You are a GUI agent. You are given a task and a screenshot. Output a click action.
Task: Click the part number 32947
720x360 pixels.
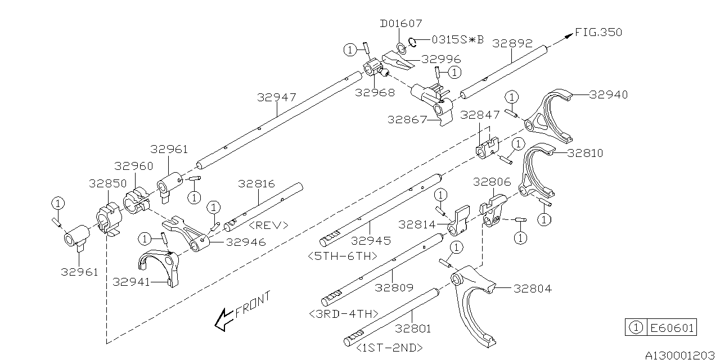coord(276,97)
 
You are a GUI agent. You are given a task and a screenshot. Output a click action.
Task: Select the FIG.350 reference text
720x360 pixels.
coord(598,33)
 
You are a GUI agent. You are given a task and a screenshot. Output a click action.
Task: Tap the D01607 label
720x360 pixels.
coord(400,24)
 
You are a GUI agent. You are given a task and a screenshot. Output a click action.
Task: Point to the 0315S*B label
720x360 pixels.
coord(457,39)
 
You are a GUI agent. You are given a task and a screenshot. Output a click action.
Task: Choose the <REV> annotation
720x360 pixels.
coord(268,225)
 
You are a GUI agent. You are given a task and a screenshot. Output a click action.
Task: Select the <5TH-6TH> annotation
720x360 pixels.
coord(343,256)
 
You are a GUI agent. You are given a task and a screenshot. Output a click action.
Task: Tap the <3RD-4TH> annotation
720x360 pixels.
coord(344,313)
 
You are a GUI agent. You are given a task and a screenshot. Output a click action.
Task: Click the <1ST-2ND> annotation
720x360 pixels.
coord(389,348)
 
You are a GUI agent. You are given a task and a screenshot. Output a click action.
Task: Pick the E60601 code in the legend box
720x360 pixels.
coord(672,328)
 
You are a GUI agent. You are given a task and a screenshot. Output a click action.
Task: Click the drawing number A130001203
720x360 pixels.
coord(680,355)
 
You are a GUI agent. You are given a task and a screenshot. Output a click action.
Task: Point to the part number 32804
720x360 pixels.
coord(532,289)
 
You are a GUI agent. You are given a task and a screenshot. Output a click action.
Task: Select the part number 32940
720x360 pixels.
coord(609,94)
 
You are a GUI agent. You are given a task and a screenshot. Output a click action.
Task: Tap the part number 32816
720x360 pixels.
coord(256,183)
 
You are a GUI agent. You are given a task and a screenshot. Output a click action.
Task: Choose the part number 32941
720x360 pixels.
coord(131,282)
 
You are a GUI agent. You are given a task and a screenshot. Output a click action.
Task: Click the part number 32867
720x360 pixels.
coord(406,119)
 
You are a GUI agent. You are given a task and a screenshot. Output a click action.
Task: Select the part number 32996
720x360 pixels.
coord(442,58)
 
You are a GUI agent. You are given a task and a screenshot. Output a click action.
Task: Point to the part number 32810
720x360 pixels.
coord(585,153)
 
